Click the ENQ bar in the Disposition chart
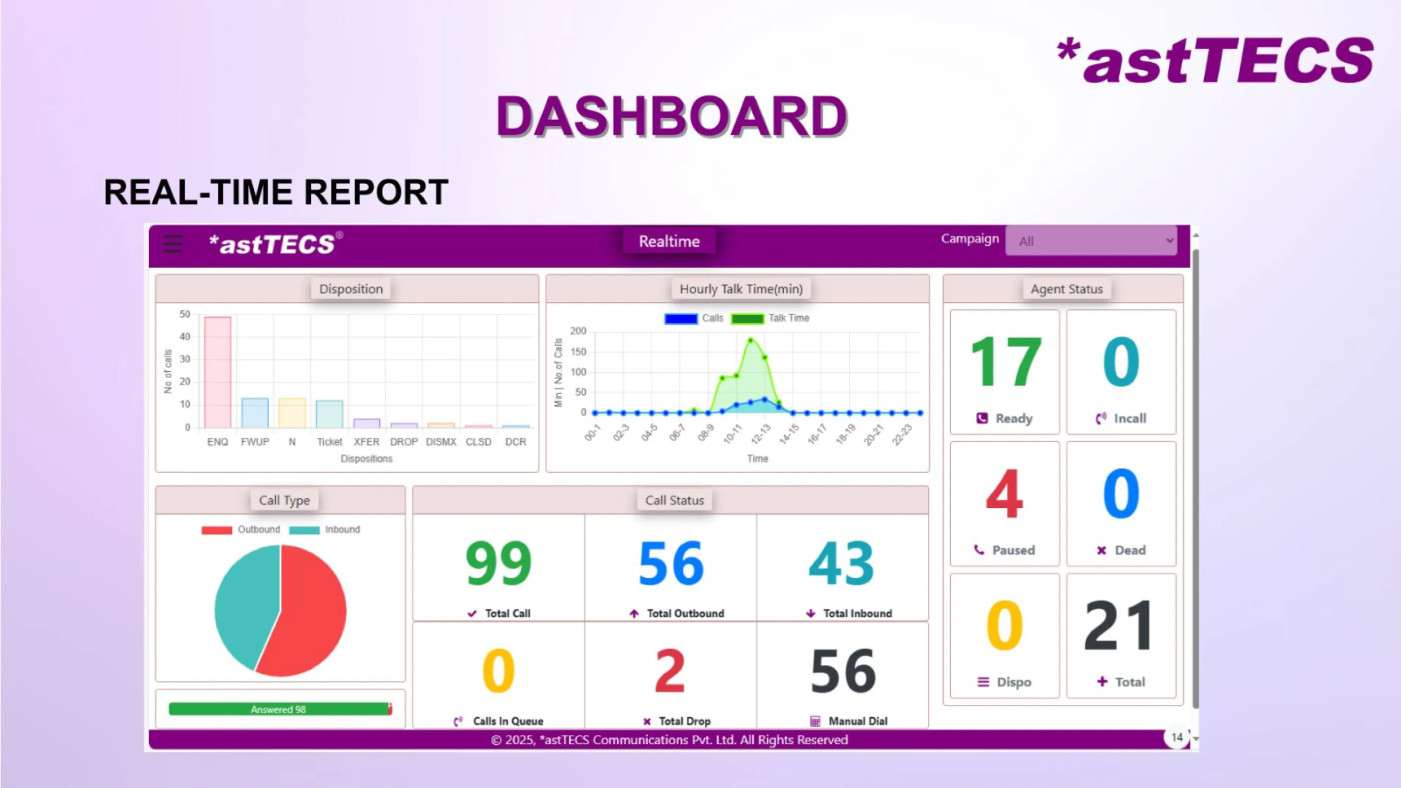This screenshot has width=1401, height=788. pos(218,372)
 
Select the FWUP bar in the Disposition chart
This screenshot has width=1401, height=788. pos(255,413)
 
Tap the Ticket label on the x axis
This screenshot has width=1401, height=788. pos(329,442)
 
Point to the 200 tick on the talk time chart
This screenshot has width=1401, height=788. pos(577,331)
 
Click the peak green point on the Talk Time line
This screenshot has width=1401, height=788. pos(751,340)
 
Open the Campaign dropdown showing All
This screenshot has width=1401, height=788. pos(1091,241)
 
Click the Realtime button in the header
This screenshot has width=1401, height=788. pos(669,241)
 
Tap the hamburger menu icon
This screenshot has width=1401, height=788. pos(172,244)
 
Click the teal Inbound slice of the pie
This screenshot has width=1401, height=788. pos(245,604)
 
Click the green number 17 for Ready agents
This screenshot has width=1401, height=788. pos(1005,361)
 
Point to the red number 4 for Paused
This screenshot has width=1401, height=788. pos(1004,494)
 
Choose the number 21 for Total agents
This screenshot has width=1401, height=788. pos(1119,625)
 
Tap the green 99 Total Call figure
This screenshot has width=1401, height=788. pos(498,563)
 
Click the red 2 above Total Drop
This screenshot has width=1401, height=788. pos(669,670)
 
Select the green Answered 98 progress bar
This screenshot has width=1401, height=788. pos(278,709)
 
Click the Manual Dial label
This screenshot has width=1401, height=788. pos(857,721)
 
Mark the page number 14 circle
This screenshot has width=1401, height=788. pos(1176,737)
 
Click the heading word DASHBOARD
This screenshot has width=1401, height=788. pos(671,116)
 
